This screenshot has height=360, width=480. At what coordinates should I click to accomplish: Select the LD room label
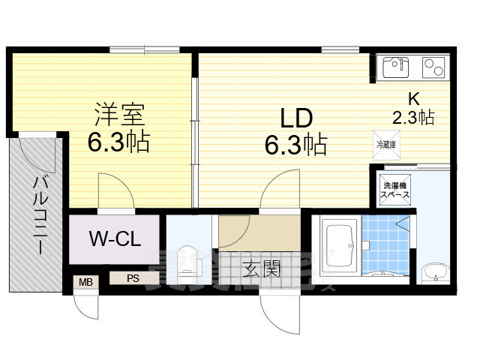point(295,118)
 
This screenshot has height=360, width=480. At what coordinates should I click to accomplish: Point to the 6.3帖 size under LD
point(295,144)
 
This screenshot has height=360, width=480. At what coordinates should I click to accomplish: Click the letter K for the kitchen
point(413,99)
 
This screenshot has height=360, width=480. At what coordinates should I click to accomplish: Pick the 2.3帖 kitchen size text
point(413,117)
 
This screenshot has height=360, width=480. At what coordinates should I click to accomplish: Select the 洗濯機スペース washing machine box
point(395,190)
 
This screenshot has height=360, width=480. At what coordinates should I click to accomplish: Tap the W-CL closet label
point(114,240)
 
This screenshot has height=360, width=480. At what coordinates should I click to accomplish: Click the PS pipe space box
point(133,278)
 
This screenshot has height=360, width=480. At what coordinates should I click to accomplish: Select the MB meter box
point(85,283)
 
